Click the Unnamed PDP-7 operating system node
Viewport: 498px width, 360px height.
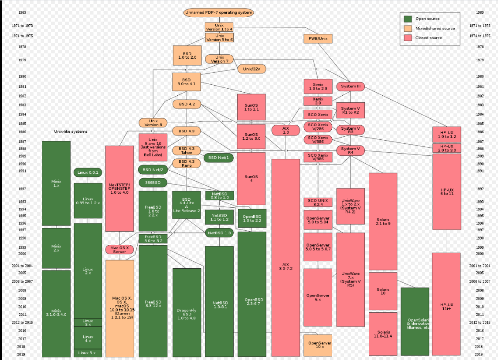pyautogui.click(x=218, y=12)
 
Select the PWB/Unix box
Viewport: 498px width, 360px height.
pyautogui.click(x=318, y=38)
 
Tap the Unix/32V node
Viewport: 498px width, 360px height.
pyautogui.click(x=251, y=69)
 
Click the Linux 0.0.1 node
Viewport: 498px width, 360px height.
pyautogui.click(x=88, y=172)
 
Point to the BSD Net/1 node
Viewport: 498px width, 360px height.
pyautogui.click(x=218, y=157)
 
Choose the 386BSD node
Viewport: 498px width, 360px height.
pyautogui.click(x=153, y=183)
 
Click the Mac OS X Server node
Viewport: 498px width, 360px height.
pyautogui.click(x=120, y=250)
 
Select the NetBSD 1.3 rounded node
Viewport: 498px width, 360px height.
pyautogui.click(x=219, y=233)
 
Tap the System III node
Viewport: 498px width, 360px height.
pyautogui.click(x=351, y=86)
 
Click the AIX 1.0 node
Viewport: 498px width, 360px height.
pyautogui.click(x=286, y=130)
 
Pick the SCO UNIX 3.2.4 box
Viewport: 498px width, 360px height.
pyautogui.click(x=318, y=202)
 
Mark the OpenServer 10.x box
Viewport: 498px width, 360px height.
pyautogui.click(x=318, y=345)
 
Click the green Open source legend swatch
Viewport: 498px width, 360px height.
pyautogui.click(x=408, y=19)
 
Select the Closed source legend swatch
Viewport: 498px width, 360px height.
pyautogui.click(x=408, y=38)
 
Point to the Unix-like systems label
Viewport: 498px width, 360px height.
pyautogui.click(x=71, y=131)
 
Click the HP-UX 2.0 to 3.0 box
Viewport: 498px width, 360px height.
pyautogui.click(x=446, y=148)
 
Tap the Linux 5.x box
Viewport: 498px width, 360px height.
pyautogui.click(x=88, y=353)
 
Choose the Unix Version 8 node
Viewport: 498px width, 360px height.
pyautogui.click(x=153, y=123)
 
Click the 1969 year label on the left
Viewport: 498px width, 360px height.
pyautogui.click(x=22, y=12)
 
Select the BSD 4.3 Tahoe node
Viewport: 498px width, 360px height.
pyautogui.click(x=187, y=150)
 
